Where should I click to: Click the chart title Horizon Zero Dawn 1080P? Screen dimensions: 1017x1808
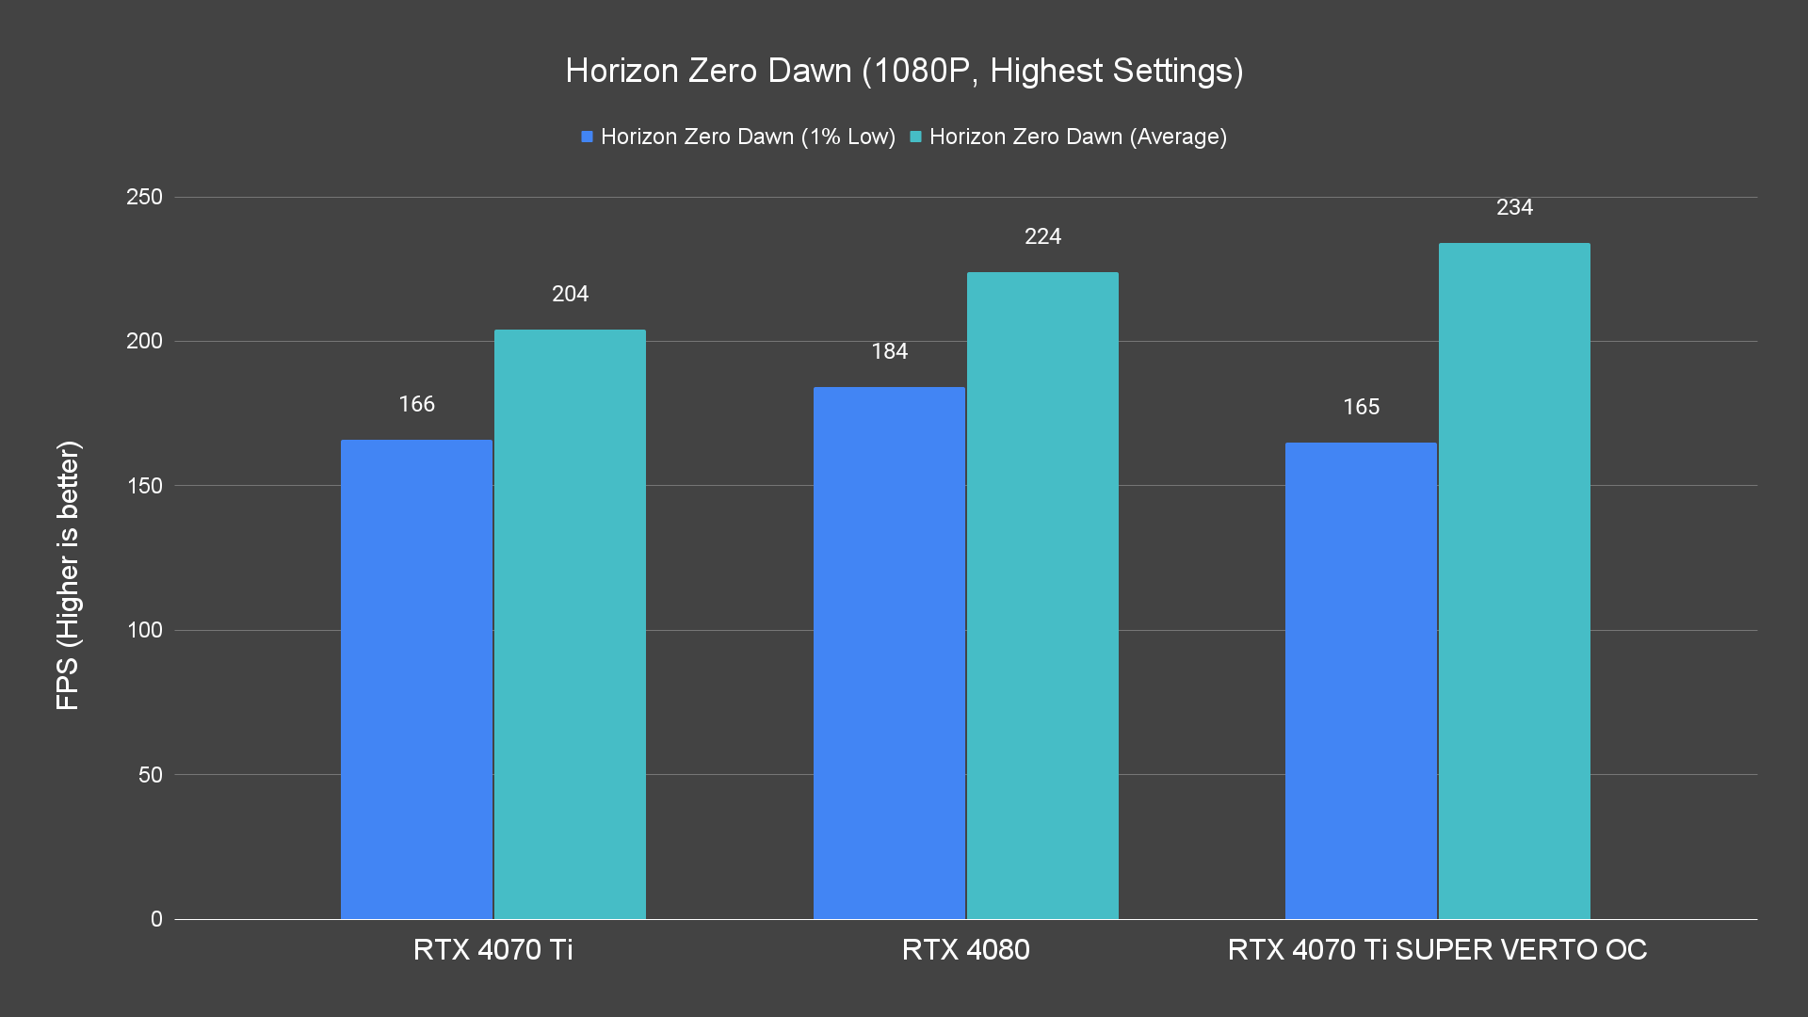click(904, 71)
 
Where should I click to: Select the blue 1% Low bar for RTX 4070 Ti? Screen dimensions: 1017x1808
click(416, 678)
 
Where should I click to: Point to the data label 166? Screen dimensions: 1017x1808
click(416, 404)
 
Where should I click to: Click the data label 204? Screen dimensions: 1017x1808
click(570, 294)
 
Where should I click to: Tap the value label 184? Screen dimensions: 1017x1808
click(889, 351)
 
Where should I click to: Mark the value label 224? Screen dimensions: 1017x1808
click(1042, 236)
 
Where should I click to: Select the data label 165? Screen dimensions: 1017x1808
click(1361, 407)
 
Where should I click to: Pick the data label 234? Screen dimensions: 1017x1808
click(1514, 207)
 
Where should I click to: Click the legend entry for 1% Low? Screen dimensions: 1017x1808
click(739, 137)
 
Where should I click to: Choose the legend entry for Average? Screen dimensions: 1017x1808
click(1069, 137)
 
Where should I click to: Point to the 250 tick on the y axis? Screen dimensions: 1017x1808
click(144, 197)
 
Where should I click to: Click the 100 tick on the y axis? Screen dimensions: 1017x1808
click(144, 630)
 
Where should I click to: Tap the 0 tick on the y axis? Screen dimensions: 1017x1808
click(156, 919)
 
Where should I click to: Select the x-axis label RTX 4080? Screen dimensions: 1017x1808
click(965, 949)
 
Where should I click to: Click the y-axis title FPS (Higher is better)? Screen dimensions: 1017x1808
click(68, 574)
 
